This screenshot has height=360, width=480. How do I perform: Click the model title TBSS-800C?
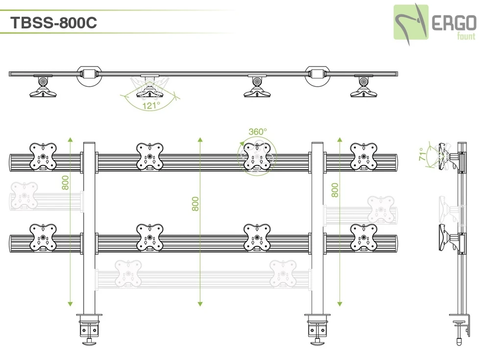click(53, 23)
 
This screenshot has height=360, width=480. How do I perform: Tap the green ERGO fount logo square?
click(411, 22)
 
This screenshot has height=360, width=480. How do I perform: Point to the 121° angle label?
click(151, 105)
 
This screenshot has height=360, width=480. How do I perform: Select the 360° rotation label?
click(258, 131)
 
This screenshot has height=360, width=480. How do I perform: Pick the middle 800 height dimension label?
click(195, 204)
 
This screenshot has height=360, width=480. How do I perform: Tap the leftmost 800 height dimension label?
click(66, 183)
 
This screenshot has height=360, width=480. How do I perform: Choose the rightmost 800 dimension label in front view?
click(335, 190)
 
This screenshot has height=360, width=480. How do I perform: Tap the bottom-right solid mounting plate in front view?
click(364, 238)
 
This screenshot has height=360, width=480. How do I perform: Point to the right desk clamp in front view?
click(317, 327)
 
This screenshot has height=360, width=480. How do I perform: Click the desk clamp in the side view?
click(460, 326)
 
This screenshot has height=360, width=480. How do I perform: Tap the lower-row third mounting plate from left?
click(257, 238)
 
